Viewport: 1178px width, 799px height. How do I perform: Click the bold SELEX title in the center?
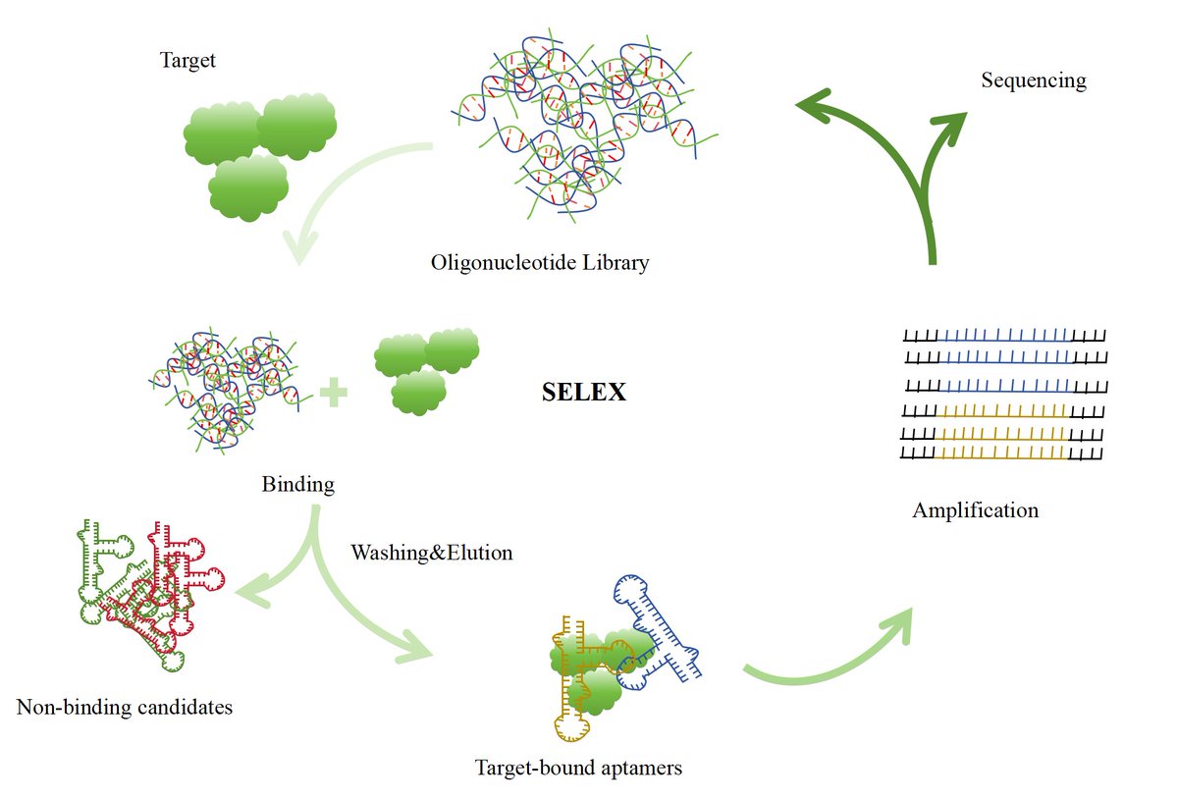click(x=584, y=393)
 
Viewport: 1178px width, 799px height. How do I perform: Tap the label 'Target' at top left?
click(x=187, y=61)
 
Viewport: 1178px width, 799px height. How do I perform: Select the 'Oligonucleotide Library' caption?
click(x=540, y=263)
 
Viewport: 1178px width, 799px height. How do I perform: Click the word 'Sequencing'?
click(x=1033, y=80)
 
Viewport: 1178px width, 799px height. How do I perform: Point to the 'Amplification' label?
click(x=975, y=510)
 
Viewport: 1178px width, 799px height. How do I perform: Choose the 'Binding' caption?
click(x=297, y=485)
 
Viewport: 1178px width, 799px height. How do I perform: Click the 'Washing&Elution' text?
click(x=432, y=553)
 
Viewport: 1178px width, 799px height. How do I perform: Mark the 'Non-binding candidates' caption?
click(x=125, y=707)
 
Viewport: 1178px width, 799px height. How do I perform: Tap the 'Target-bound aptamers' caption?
click(x=577, y=768)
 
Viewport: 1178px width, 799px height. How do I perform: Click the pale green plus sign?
click(x=335, y=394)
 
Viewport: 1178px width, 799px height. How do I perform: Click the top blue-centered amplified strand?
click(x=1006, y=336)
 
